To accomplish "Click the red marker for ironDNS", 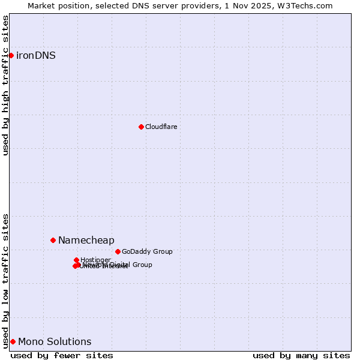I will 11,55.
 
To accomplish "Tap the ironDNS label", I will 36,56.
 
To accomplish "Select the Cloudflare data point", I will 141,127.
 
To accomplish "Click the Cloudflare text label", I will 161,127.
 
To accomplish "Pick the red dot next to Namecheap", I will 53,240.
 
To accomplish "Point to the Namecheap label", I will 86,241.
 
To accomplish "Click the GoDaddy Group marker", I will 118,251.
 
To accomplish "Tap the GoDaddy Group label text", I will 147,252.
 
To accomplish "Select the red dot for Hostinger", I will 76,260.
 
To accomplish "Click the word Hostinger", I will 95,260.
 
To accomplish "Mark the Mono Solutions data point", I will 13,341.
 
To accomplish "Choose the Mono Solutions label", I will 55,342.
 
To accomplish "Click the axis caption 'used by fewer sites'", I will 62,355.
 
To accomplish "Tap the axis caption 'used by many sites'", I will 301,355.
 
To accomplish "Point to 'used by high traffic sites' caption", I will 6,85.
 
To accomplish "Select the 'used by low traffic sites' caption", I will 6,281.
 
